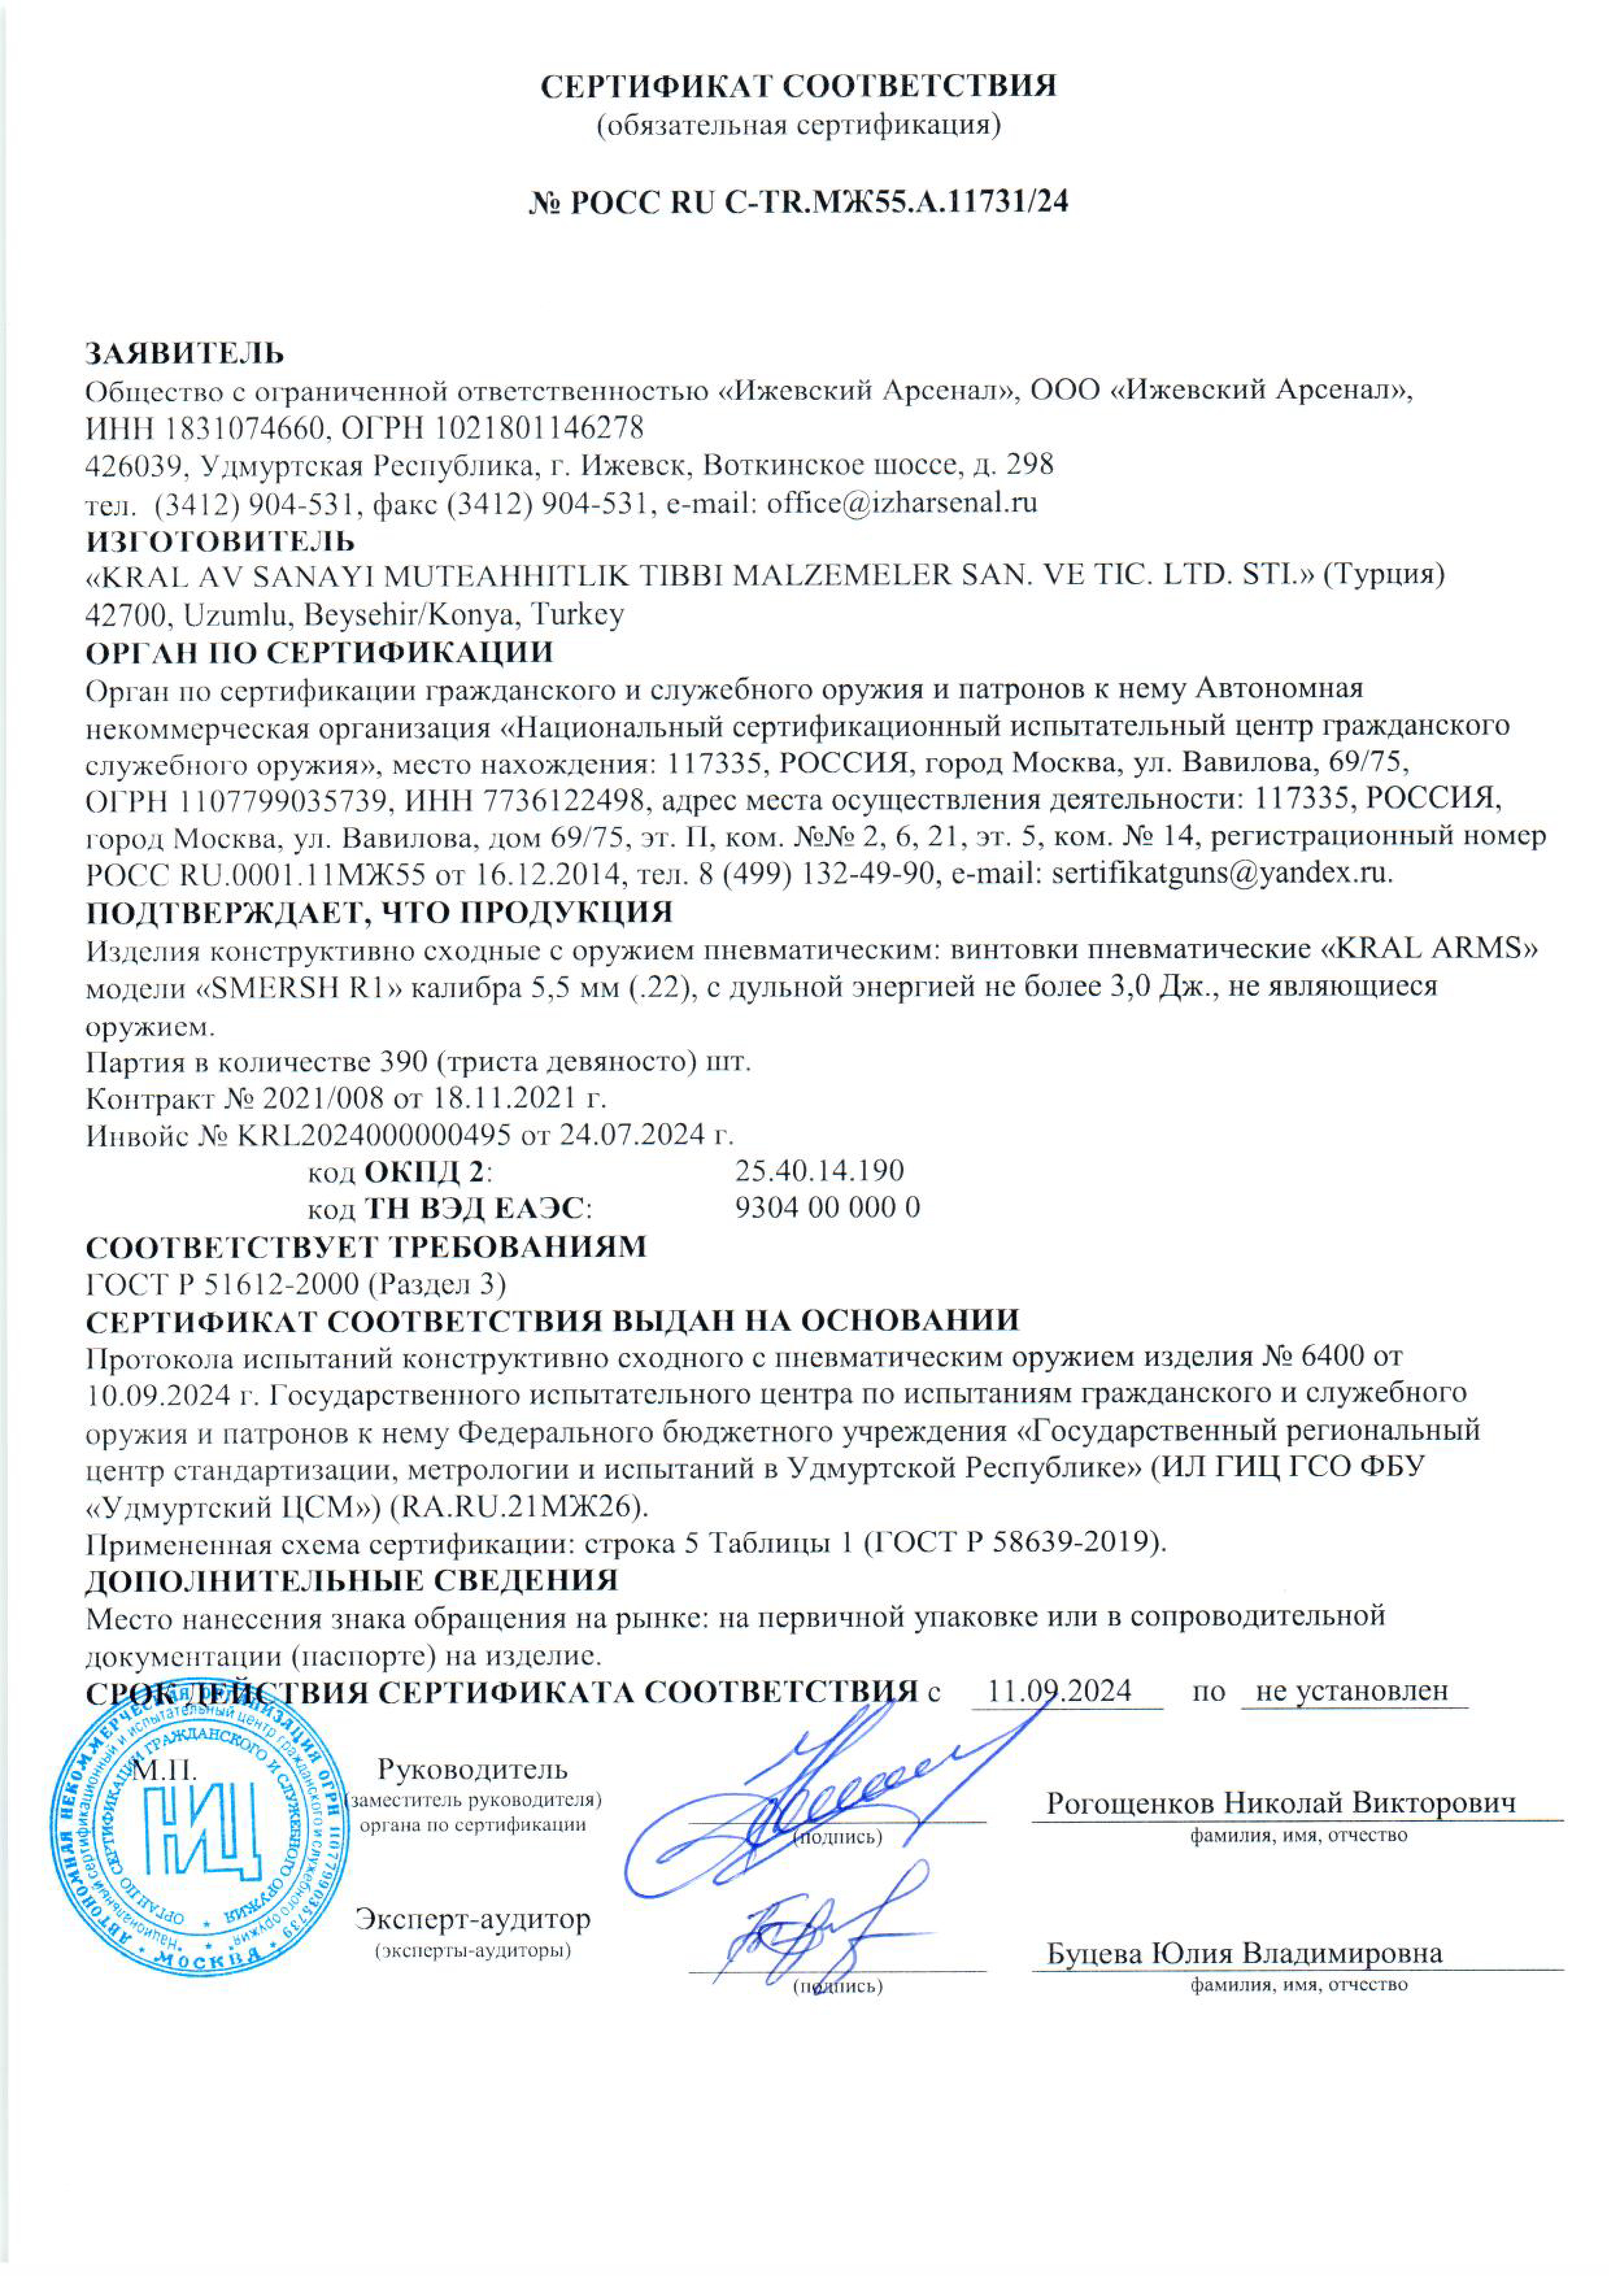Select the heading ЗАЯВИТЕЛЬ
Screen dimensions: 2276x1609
click(184, 353)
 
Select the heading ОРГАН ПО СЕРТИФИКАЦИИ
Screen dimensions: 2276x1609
click(319, 652)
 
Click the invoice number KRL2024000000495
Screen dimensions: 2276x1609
click(374, 1134)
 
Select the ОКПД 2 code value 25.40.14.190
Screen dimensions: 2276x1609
click(819, 1170)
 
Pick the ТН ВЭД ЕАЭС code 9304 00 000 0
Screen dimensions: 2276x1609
click(827, 1207)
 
